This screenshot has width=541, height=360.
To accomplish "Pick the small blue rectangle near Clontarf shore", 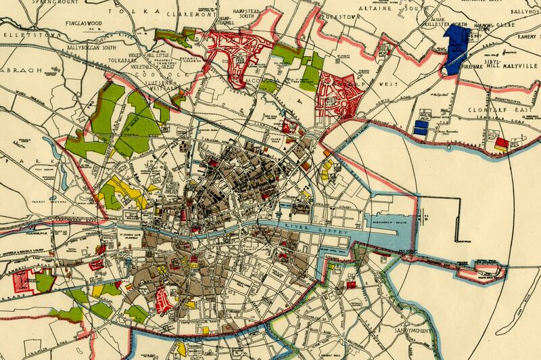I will (x=421, y=127).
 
